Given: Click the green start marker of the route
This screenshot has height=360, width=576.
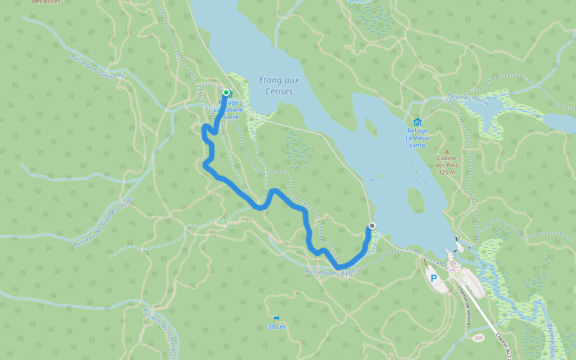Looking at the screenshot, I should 226,92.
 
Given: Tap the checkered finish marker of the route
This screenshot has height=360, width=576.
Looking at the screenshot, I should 372,226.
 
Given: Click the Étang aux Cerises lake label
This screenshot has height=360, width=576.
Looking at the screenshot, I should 278,85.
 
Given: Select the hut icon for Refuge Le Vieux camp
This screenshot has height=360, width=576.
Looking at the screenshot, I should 418,122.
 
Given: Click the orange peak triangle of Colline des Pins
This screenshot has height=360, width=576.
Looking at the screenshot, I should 446,151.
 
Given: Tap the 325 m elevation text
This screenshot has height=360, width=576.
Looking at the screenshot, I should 446,172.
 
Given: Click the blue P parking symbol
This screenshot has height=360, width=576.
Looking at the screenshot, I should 434,277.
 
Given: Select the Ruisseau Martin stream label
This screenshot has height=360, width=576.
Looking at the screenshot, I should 467,99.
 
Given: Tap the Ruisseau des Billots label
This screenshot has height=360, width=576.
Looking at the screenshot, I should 331,272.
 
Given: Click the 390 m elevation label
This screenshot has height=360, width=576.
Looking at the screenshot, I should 277,327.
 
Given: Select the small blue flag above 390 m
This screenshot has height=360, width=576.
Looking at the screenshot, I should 277,319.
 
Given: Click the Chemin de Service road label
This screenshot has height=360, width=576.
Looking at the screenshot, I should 463,306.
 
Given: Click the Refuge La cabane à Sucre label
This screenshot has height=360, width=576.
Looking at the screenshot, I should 227,110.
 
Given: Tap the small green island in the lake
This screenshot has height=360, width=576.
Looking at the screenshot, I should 415,199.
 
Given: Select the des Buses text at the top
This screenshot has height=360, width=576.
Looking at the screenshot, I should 46,2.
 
